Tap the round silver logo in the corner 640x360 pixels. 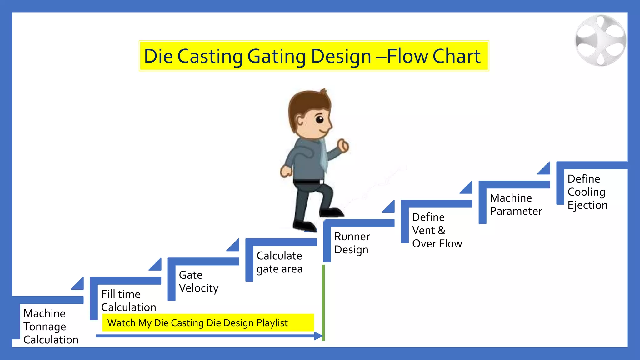pyautogui.click(x=601, y=41)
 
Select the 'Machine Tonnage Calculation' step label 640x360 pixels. pyautogui.click(x=51, y=327)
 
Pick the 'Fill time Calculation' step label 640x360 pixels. pyautogui.click(x=128, y=301)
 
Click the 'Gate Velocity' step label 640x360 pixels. pyautogui.click(x=198, y=282)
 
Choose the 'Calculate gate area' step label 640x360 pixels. pyautogui.click(x=279, y=262)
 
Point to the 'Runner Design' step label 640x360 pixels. pyautogui.click(x=352, y=243)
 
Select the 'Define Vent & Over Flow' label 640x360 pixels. pyautogui.click(x=437, y=230)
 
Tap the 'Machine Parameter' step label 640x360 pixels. pyautogui.click(x=516, y=205)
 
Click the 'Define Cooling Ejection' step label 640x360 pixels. pyautogui.click(x=587, y=192)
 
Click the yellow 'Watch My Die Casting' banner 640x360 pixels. pyautogui.click(x=208, y=323)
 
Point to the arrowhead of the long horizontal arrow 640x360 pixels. pyautogui.click(x=318, y=336)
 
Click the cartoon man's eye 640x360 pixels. pyautogui.click(x=319, y=119)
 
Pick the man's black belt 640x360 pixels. pyautogui.click(x=308, y=182)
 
